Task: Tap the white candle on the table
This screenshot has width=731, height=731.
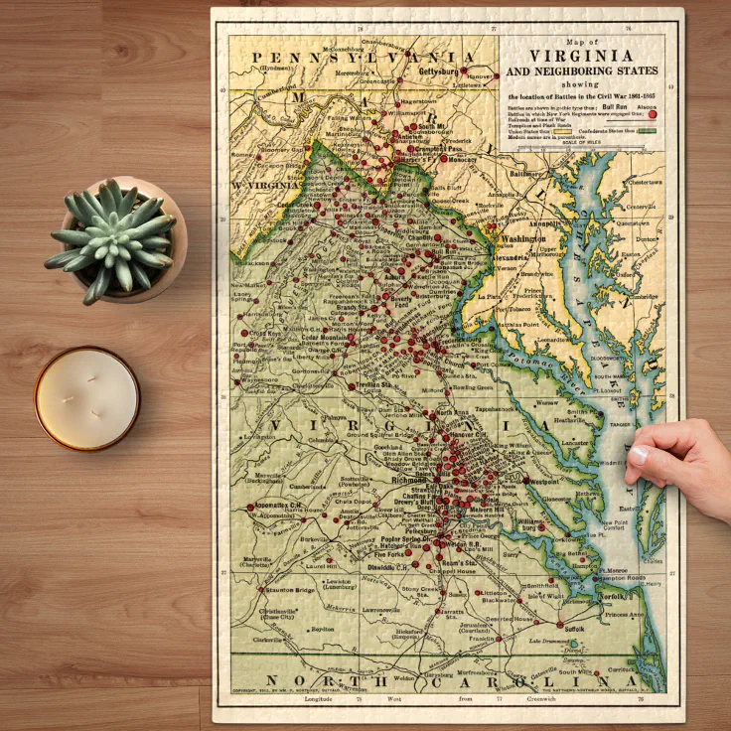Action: [87, 398]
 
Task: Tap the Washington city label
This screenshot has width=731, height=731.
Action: [524, 239]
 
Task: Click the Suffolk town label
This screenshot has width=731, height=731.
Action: [571, 629]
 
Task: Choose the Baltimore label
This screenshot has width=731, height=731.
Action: [525, 173]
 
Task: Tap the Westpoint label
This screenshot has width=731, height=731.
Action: [544, 481]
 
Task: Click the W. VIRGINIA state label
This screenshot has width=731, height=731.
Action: [265, 186]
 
